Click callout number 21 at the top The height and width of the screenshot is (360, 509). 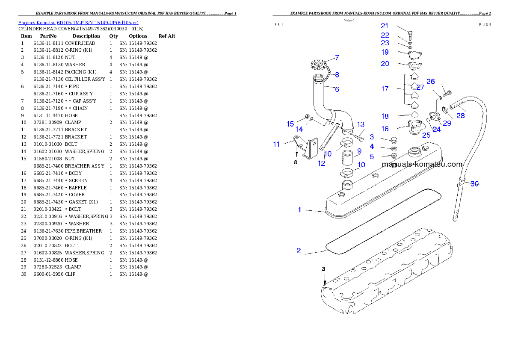tap(385, 26)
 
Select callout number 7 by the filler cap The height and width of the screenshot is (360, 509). tap(337, 57)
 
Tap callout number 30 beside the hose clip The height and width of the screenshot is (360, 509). tap(474, 184)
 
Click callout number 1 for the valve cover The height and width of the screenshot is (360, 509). tap(299, 210)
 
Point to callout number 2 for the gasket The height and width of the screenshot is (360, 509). tap(299, 251)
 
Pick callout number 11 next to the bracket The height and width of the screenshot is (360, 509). tap(276, 144)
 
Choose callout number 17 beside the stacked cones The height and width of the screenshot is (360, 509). tap(385, 89)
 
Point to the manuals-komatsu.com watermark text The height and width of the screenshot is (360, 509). tap(422, 164)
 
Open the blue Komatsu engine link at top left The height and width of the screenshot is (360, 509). tap(78, 22)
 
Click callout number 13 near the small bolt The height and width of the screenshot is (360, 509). tap(361, 124)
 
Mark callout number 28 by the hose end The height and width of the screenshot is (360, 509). tap(461, 115)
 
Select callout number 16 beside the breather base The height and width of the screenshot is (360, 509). tap(385, 129)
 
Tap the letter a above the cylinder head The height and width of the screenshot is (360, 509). tap(323, 269)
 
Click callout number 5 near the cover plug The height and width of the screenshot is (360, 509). tap(372, 156)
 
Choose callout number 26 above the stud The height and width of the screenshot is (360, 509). tap(430, 81)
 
